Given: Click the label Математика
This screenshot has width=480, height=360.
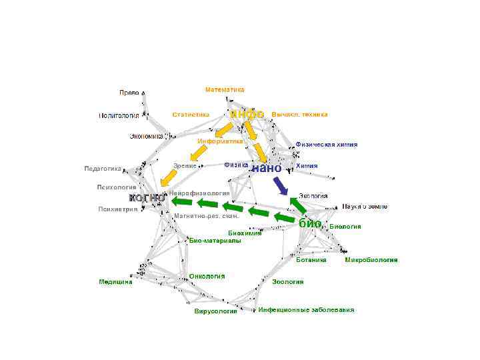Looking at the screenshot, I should point(225,89).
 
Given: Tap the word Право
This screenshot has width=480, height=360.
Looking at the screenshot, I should point(129,93).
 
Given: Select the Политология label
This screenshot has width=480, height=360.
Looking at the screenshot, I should point(119,115).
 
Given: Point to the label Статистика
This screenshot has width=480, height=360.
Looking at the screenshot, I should point(191,115).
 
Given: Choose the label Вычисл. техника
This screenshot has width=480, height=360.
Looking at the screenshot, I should point(299,114).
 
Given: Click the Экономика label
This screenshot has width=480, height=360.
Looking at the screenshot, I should point(146,136).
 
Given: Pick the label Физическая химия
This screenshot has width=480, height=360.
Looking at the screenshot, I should point(326,144).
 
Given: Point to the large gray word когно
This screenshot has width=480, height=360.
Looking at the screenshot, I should point(147,198).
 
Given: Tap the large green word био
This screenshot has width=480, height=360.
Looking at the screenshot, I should point(310,223).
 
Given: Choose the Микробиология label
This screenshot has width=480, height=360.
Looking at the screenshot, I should point(371,259).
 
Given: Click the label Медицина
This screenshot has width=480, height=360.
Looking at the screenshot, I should point(115,281).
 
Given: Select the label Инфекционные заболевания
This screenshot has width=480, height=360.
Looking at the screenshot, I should point(306,310).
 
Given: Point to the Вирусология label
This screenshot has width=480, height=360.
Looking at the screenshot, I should point(215,311).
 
